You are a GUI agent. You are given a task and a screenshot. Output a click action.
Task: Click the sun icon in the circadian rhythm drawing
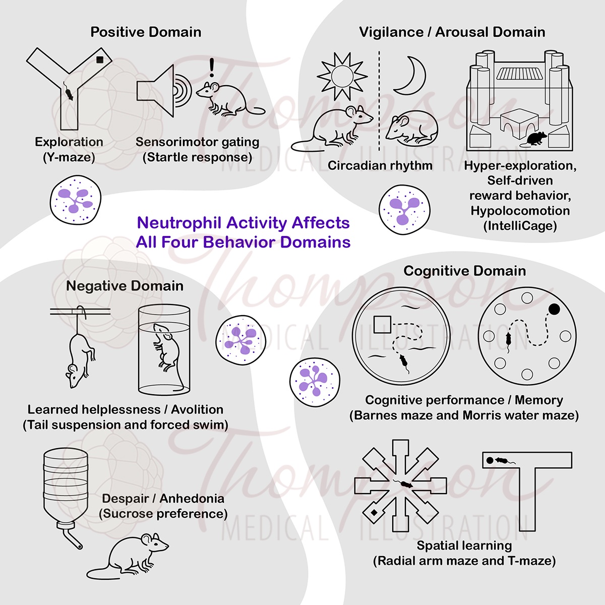[x=342, y=76]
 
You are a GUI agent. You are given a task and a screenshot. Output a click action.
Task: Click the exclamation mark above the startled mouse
[x=212, y=67]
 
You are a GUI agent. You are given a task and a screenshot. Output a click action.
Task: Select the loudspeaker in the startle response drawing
[x=155, y=91]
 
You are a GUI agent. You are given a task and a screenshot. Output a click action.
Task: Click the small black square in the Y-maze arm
[x=99, y=59]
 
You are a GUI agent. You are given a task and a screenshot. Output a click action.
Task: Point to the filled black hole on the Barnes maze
[x=554, y=309]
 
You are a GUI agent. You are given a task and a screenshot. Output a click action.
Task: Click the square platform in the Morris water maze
[x=382, y=324]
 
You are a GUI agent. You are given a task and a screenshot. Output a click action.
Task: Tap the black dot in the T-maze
[x=490, y=461]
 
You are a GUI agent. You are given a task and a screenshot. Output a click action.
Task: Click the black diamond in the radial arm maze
[x=374, y=512]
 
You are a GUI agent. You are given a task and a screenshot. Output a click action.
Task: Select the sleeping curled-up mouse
[x=412, y=128]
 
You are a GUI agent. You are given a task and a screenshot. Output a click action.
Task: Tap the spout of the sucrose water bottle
[x=72, y=539]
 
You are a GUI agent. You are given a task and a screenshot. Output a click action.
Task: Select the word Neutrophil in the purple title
[x=180, y=223]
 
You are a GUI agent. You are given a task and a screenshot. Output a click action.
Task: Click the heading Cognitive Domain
[x=465, y=271]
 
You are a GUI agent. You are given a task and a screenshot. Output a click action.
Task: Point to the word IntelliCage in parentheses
[x=520, y=226]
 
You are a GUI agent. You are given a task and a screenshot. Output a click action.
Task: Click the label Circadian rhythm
[x=380, y=166]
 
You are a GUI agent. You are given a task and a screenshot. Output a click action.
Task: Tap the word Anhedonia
[x=192, y=499]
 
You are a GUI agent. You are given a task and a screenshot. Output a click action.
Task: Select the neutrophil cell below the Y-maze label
[x=75, y=200]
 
